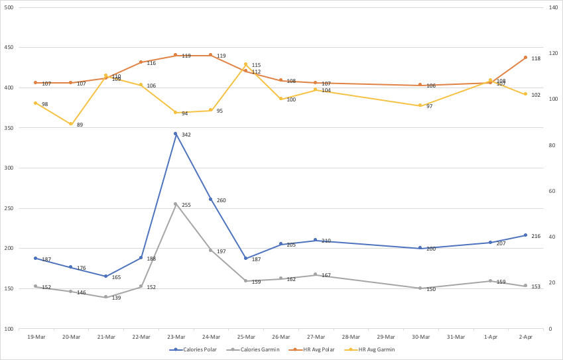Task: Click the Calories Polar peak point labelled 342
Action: pos(176,134)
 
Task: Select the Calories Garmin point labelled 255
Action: pos(176,204)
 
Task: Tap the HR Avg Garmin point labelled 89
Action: pos(71,124)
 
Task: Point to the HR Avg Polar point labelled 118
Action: pos(525,58)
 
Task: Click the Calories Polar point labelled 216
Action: pos(525,235)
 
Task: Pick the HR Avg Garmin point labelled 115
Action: pos(245,64)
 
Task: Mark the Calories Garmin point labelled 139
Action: pos(105,297)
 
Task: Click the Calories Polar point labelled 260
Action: pos(211,200)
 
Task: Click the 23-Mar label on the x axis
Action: pos(176,337)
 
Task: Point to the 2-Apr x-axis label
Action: pos(525,337)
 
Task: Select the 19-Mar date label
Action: pos(36,337)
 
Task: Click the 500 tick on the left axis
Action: pos(9,7)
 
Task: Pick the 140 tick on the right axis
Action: pos(552,7)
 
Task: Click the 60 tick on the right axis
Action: pos(551,191)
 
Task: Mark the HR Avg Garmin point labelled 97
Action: pos(420,105)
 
